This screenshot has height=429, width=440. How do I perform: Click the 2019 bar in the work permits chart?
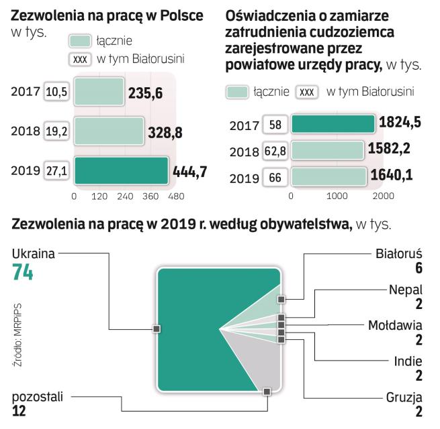tap(121, 170)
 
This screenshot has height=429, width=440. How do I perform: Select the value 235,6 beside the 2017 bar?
tap(144, 93)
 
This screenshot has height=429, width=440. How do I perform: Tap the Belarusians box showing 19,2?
tap(56, 132)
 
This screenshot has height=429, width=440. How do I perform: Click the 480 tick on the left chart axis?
tap(176, 196)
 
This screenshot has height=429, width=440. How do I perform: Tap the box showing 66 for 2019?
tap(274, 178)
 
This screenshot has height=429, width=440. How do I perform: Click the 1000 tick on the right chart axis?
tap(335, 196)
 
